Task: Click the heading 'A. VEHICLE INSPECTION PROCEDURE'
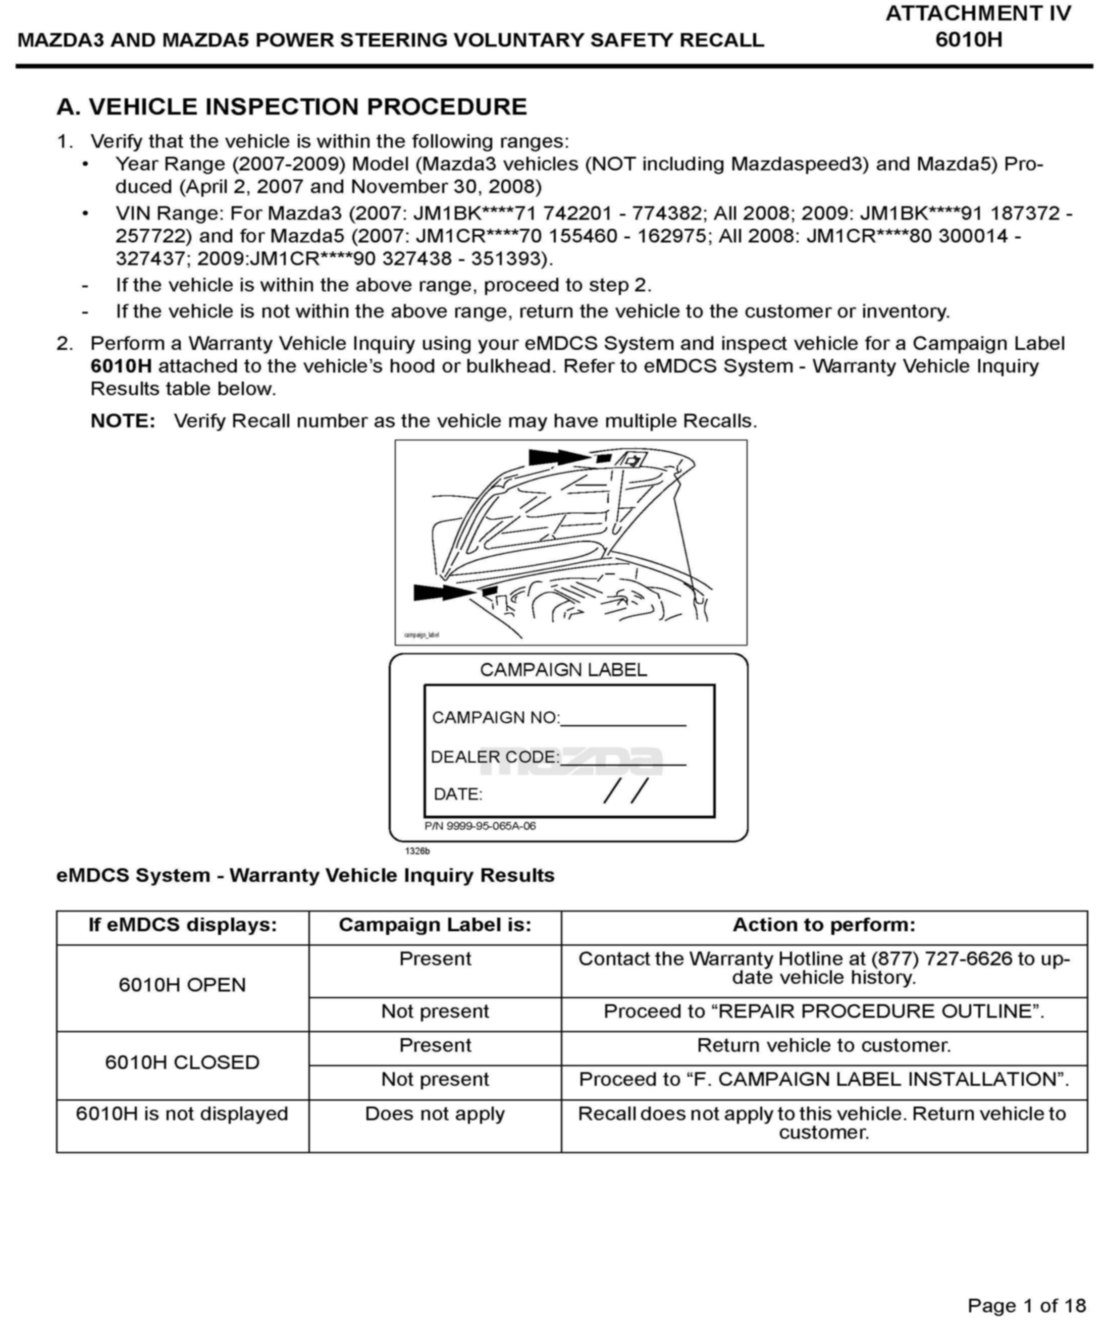click(291, 107)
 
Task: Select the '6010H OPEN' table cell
click(182, 985)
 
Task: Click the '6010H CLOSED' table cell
click(182, 1062)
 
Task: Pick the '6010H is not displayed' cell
click(182, 1113)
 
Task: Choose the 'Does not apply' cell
click(435, 1113)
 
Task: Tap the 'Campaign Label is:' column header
click(435, 925)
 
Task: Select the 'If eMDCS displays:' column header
click(182, 925)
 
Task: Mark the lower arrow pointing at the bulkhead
click(443, 593)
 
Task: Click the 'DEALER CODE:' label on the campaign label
click(495, 758)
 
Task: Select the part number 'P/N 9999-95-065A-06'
click(480, 826)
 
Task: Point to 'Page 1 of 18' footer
click(1026, 1305)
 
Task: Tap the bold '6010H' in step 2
click(121, 366)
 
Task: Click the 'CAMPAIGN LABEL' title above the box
click(563, 670)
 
